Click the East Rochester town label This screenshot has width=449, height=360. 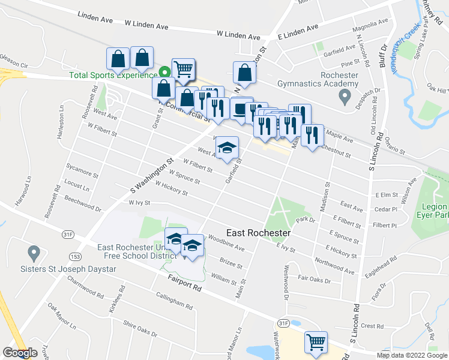[258, 233]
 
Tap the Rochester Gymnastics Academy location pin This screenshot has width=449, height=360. [345, 95]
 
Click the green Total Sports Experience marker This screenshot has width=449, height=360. [164, 74]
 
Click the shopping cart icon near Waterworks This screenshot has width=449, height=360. [316, 342]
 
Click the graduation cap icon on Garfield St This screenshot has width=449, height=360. [227, 148]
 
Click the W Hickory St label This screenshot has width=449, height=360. [172, 189]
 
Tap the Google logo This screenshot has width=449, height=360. [20, 353]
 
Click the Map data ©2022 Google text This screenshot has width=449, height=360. [412, 355]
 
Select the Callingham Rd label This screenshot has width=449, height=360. [174, 301]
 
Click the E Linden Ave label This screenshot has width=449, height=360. [298, 32]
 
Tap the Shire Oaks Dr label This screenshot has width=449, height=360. [139, 329]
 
